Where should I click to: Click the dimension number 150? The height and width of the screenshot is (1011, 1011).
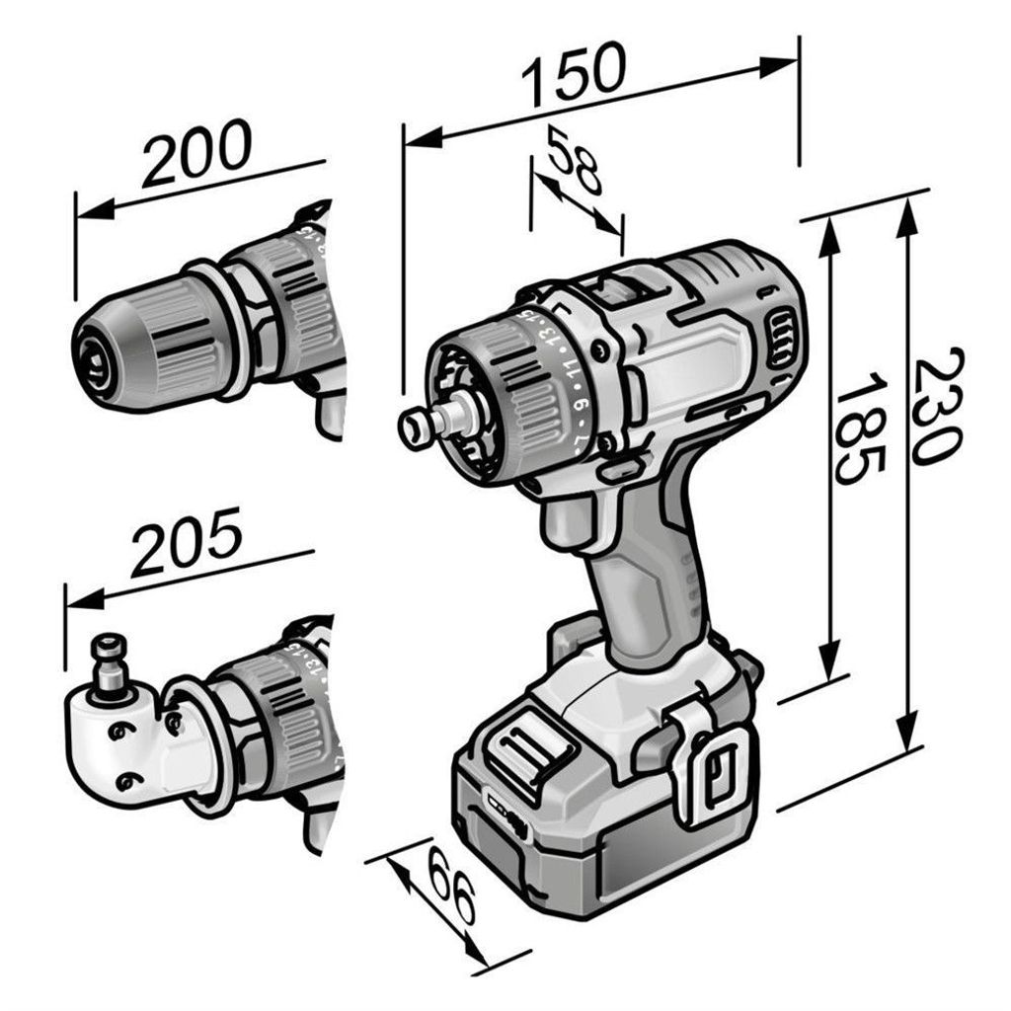click(x=574, y=73)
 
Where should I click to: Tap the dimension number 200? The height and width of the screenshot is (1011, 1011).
click(x=196, y=152)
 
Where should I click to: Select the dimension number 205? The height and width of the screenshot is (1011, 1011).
click(x=187, y=541)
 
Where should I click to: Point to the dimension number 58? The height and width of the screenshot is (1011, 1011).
click(x=574, y=161)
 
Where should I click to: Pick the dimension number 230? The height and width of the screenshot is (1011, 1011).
click(x=936, y=406)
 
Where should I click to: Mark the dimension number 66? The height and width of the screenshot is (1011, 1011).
click(x=451, y=886)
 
